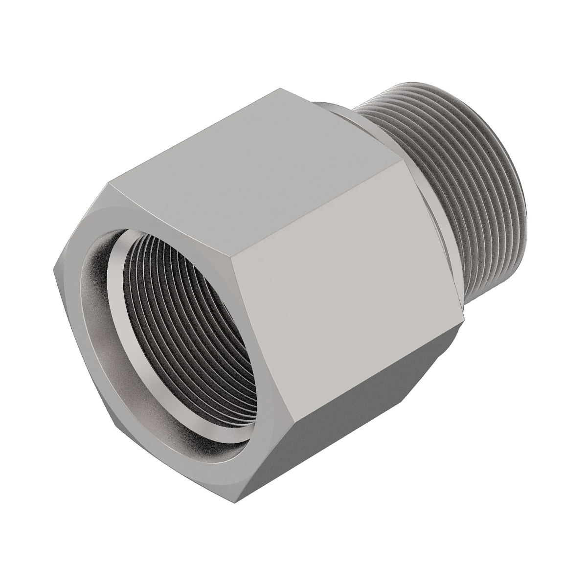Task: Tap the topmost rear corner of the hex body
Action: [x=281, y=89]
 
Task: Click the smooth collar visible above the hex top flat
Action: [x=338, y=113]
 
